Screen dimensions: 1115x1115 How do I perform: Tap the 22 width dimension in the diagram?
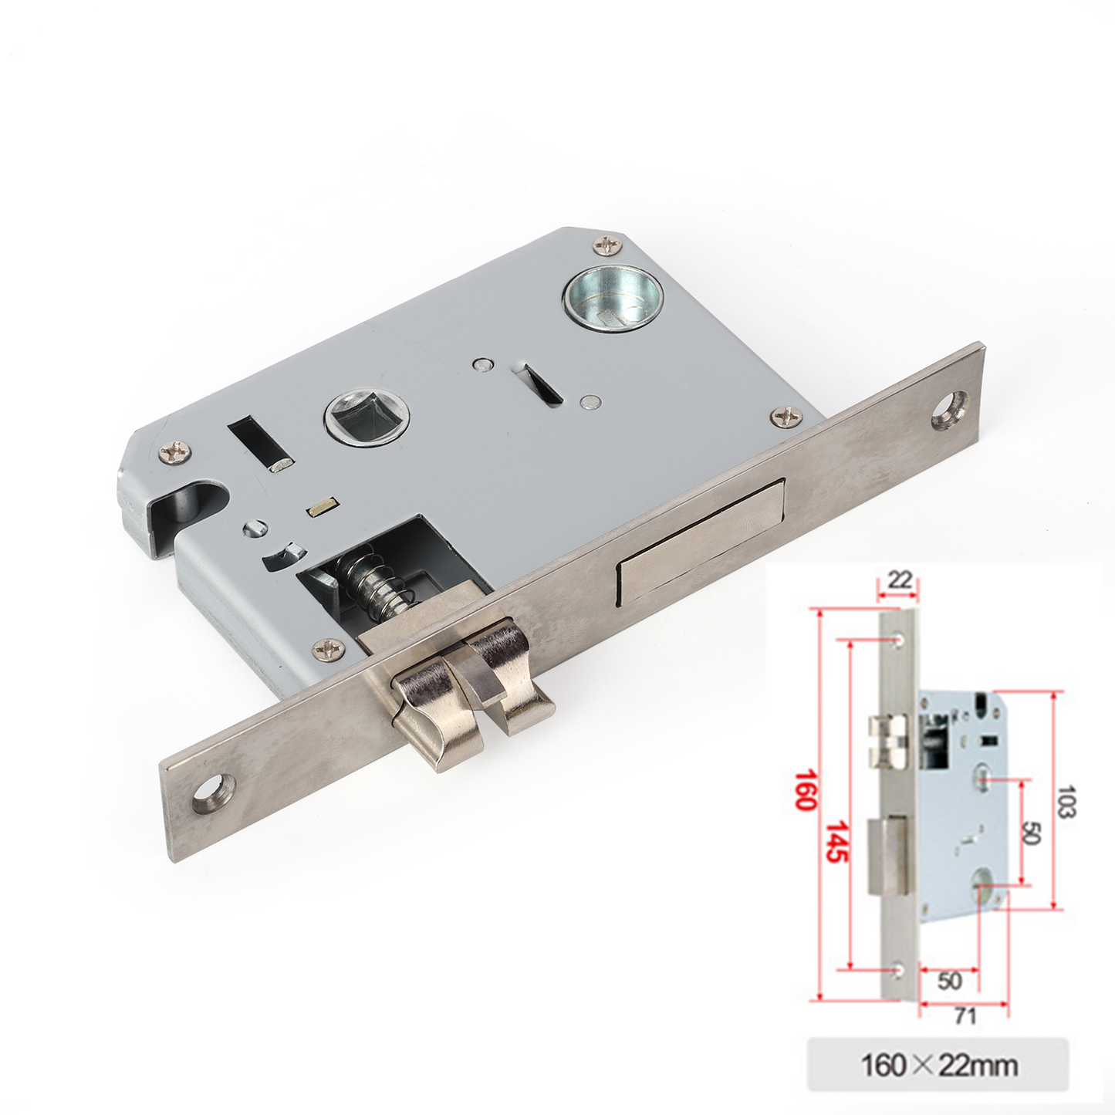(x=899, y=579)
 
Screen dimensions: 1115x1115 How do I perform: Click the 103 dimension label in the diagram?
(x=1066, y=801)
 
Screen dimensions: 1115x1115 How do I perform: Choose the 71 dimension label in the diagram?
(x=965, y=1015)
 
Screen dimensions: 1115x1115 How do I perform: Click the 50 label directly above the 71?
(x=949, y=980)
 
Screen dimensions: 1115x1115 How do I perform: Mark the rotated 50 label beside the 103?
(x=1031, y=833)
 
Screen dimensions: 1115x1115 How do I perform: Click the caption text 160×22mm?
(x=938, y=1066)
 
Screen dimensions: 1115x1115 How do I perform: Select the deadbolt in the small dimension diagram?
(x=887, y=857)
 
